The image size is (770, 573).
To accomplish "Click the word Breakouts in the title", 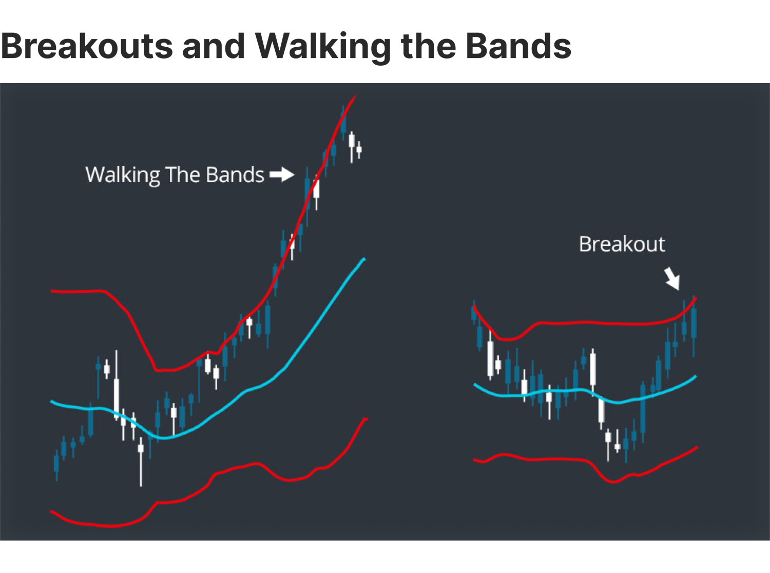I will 87,46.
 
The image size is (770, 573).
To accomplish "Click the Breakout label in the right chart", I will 622,244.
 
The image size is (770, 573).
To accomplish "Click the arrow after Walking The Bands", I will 282,175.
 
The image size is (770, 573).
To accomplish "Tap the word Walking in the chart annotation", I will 123,175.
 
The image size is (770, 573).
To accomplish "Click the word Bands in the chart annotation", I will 235,175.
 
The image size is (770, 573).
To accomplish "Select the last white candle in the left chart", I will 359,149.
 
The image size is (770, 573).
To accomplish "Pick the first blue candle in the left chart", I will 56,463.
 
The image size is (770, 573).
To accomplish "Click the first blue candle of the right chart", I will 474,313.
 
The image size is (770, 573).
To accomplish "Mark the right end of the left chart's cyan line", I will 364,259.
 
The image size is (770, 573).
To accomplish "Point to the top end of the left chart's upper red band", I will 355,96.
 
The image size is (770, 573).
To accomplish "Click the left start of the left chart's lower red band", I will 51,511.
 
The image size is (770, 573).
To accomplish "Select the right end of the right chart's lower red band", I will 697,448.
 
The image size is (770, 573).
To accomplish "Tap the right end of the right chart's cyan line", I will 696,377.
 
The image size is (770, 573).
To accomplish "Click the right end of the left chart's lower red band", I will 367,419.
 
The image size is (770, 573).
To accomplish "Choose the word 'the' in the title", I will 429,46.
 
